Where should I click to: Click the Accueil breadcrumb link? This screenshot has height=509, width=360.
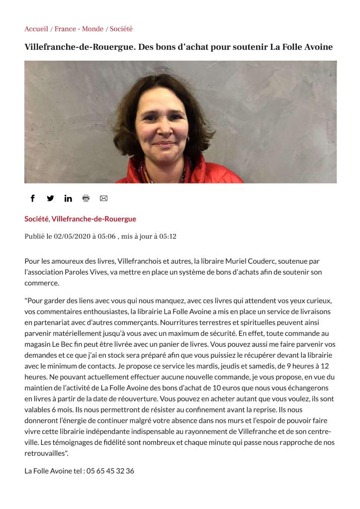pyautogui.click(x=36, y=29)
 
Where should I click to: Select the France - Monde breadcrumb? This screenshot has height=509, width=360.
pyautogui.click(x=79, y=29)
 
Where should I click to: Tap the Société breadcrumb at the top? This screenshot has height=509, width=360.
pyautogui.click(x=121, y=29)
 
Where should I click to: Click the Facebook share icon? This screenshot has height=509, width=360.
pyautogui.click(x=33, y=198)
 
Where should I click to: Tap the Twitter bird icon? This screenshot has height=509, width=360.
pyautogui.click(x=50, y=198)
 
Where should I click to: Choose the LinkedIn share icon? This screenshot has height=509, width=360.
pyautogui.click(x=68, y=199)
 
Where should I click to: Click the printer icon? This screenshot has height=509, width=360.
pyautogui.click(x=86, y=198)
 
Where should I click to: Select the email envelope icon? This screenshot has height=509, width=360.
pyautogui.click(x=103, y=198)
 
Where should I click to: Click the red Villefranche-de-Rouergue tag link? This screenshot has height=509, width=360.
pyautogui.click(x=93, y=219)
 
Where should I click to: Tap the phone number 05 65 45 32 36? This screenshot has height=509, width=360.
pyautogui.click(x=110, y=471)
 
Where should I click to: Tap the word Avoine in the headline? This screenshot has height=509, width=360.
pyautogui.click(x=316, y=47)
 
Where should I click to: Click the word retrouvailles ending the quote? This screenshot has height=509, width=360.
pyautogui.click(x=45, y=453)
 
